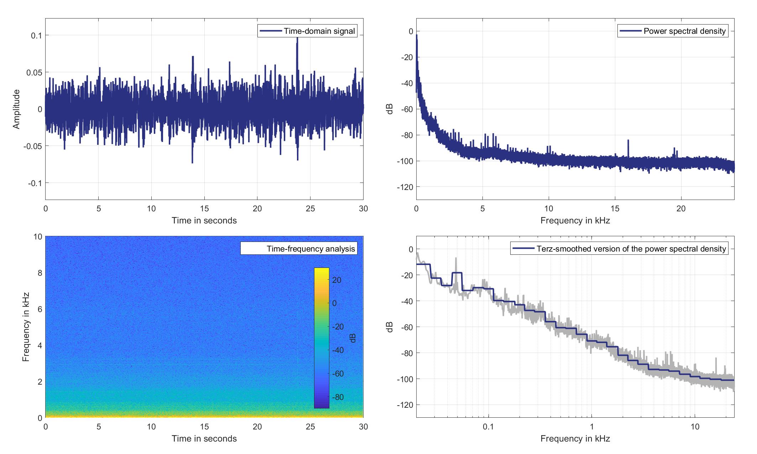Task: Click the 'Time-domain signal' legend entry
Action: pyautogui.click(x=307, y=31)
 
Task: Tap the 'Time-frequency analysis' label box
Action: pyautogui.click(x=298, y=248)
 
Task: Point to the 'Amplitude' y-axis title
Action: pyautogui.click(x=16, y=109)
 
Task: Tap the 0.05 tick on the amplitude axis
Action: pyautogui.click(x=35, y=72)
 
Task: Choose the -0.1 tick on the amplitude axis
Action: pyautogui.click(x=35, y=183)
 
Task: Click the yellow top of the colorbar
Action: pyautogui.click(x=322, y=270)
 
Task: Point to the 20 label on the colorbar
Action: pyautogui.click(x=336, y=280)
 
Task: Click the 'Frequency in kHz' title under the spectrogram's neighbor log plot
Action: pyautogui.click(x=575, y=439)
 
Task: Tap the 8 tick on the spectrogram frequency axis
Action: pyautogui.click(x=39, y=273)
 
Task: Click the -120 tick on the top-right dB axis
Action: pyautogui.click(x=406, y=187)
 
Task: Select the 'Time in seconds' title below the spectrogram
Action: pyautogui.click(x=204, y=439)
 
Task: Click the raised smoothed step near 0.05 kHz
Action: pyautogui.click(x=456, y=273)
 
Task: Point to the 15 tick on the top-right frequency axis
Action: pyautogui.click(x=615, y=208)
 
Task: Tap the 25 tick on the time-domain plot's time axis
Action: pyautogui.click(x=310, y=208)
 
